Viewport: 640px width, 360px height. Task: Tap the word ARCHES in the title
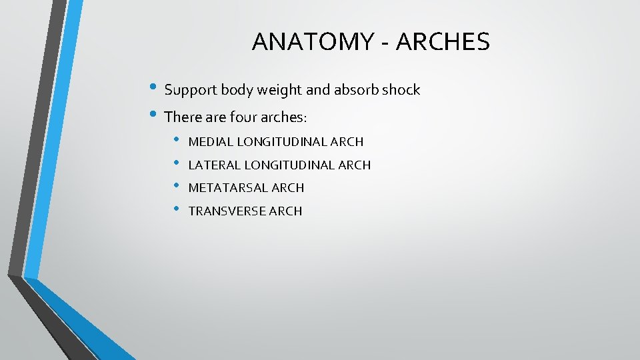443,42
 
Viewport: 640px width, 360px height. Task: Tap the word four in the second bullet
246,117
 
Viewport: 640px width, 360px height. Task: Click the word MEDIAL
210,142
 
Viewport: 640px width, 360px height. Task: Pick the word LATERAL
213,165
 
